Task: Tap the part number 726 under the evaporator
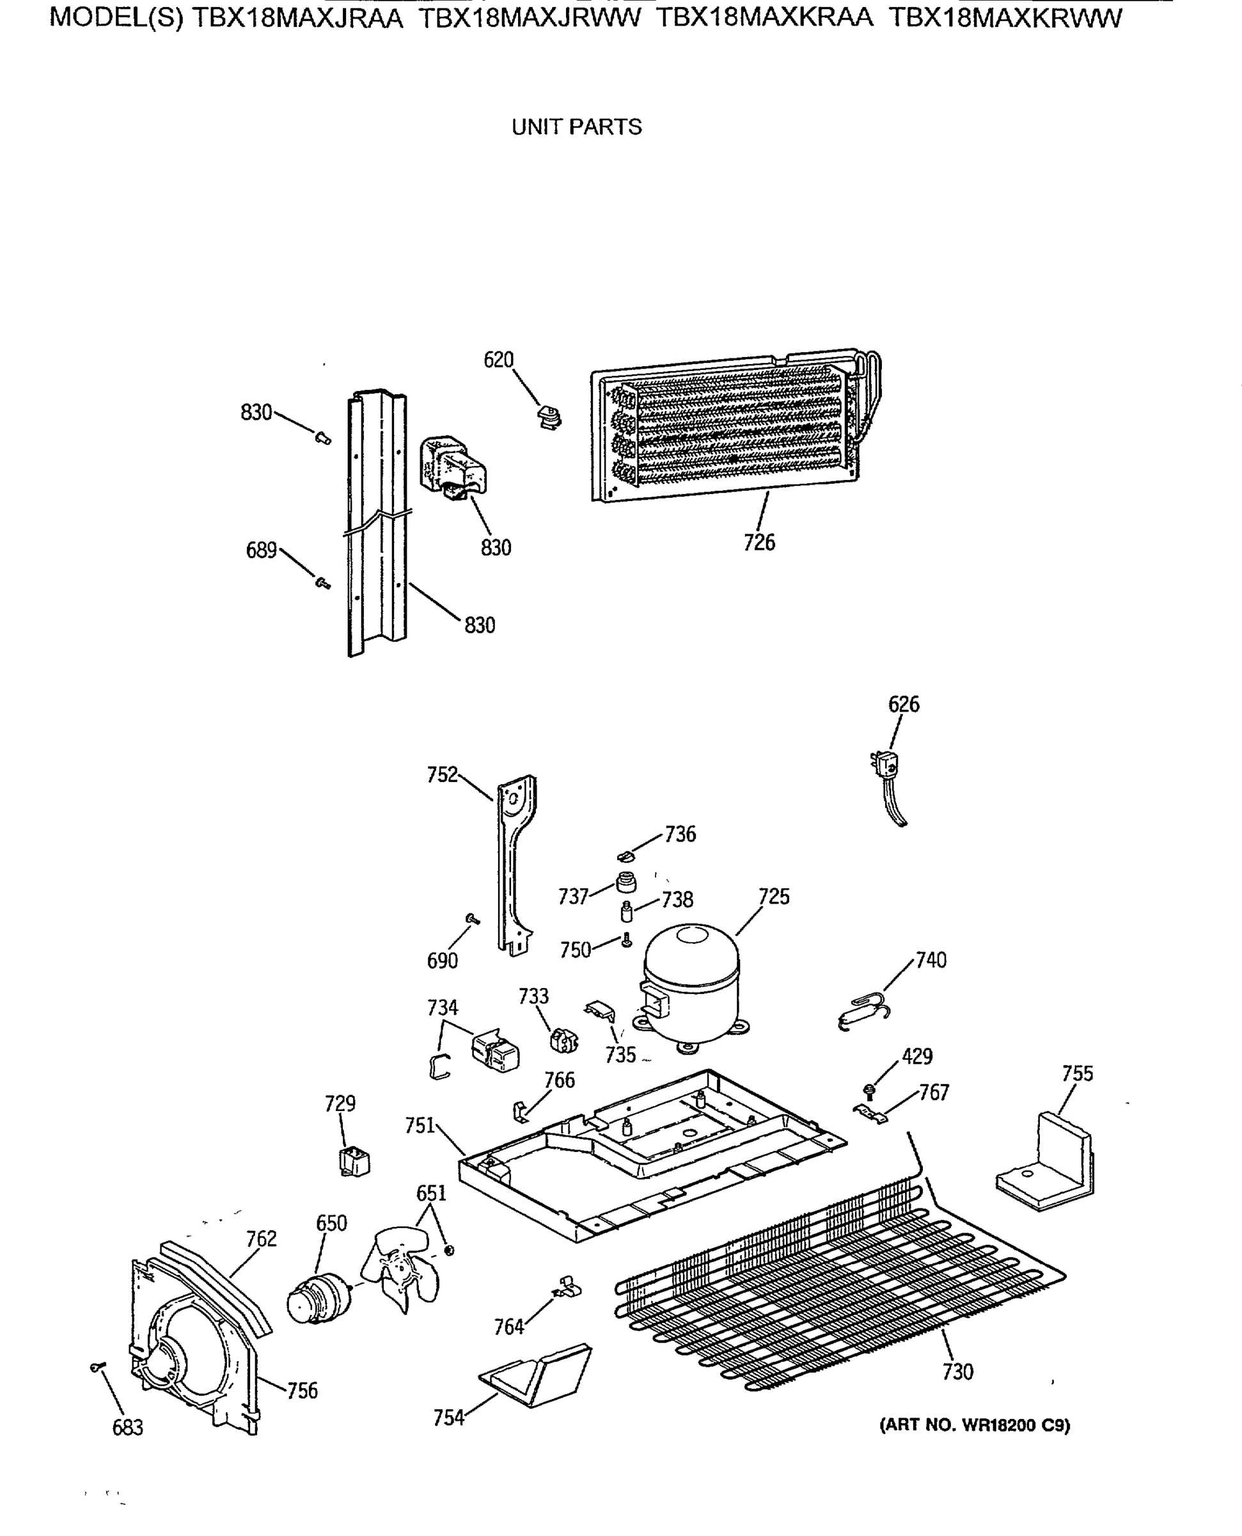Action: [x=759, y=543]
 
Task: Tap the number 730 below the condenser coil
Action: [x=957, y=1372]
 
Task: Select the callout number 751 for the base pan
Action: [x=420, y=1126]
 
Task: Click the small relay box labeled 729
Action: [x=355, y=1162]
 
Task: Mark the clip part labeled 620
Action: [x=549, y=417]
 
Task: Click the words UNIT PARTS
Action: [x=577, y=127]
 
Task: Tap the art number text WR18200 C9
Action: [x=1016, y=1425]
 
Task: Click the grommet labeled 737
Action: [x=626, y=883]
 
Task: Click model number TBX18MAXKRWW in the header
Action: [x=1005, y=18]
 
